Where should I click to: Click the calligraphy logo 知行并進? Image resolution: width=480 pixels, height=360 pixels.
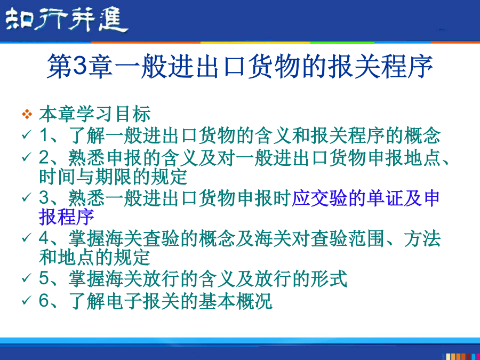67,19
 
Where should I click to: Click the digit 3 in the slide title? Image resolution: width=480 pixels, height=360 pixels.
81,66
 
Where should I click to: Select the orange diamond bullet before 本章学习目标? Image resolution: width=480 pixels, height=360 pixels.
27,114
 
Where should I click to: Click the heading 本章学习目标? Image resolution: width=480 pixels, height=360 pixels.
95,114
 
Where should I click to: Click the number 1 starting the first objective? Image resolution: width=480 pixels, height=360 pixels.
44,135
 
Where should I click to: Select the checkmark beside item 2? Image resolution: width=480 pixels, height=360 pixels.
27,157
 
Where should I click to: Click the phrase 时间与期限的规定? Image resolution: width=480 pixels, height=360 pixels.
113,177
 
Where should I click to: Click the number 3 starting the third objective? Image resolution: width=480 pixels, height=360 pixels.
44,197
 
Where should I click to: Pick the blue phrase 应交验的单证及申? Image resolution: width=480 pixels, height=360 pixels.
365,198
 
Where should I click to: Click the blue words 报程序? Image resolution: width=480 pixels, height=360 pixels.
67,217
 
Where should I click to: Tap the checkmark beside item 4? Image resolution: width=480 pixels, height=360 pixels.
27,237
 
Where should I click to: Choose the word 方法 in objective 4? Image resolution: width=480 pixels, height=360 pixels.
422,238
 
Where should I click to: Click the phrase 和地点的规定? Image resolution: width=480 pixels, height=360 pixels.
94,258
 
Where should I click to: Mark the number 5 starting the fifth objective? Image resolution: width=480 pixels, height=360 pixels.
44,278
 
